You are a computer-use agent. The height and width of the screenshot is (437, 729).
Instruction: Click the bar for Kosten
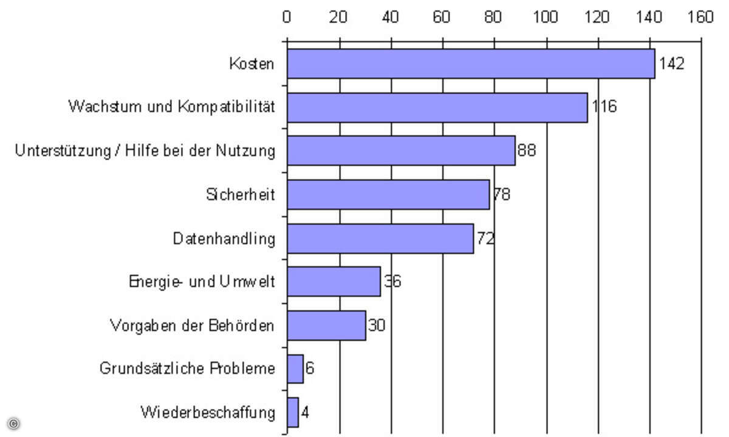(x=471, y=64)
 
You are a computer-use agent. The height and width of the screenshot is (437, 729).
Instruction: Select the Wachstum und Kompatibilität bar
(x=437, y=107)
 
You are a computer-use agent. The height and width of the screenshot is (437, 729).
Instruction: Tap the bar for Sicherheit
(x=388, y=195)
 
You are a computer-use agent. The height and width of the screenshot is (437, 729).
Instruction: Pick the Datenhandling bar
(x=380, y=239)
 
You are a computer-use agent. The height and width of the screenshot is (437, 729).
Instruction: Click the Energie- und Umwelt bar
(x=334, y=282)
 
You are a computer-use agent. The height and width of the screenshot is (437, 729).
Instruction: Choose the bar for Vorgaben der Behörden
(x=326, y=325)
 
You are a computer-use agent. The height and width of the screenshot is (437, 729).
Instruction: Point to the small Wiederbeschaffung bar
(x=293, y=413)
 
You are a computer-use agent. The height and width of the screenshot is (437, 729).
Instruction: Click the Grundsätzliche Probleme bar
(x=295, y=369)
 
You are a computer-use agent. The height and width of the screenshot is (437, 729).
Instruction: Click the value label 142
(x=671, y=64)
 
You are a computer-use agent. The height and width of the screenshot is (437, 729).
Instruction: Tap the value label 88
(x=527, y=151)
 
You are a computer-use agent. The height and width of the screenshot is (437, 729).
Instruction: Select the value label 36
(x=392, y=282)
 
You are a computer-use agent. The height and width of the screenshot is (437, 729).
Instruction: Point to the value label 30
(x=377, y=325)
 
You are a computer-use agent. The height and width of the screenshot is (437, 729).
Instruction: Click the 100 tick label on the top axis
(x=546, y=17)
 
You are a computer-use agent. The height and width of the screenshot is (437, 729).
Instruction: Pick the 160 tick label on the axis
(x=701, y=17)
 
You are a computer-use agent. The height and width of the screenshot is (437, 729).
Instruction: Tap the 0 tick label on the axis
(x=287, y=17)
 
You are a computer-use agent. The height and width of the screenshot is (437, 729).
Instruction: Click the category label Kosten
(x=252, y=64)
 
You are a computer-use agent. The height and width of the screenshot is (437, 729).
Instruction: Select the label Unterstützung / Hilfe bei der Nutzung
(x=145, y=151)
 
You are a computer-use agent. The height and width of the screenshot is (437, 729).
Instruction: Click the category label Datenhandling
(x=224, y=239)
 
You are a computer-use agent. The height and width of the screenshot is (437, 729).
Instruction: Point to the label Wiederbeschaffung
(x=208, y=413)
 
